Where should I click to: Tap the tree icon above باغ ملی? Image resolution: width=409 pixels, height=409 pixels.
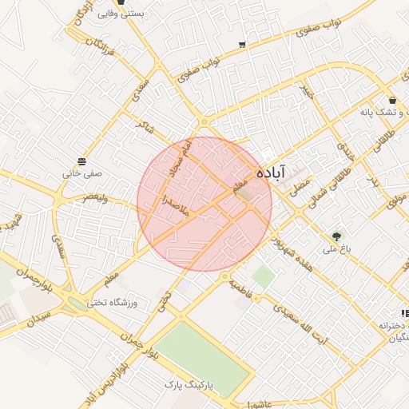(336, 236)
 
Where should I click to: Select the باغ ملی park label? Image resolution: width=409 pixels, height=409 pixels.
(336, 249)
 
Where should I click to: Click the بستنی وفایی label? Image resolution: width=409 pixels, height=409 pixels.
(121, 14)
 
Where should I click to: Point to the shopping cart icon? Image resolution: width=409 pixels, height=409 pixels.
(242, 44)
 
